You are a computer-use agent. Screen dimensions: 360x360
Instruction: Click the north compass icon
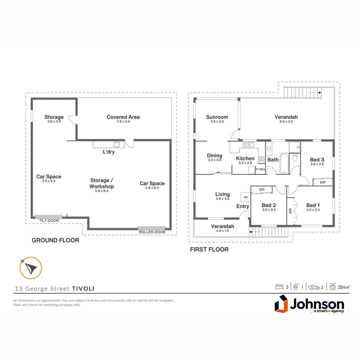tap(31, 268)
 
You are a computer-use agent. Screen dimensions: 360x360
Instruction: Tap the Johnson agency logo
tap(309, 305)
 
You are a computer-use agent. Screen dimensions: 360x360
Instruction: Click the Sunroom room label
tap(217, 117)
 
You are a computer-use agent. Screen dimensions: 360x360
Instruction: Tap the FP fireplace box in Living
tap(246, 197)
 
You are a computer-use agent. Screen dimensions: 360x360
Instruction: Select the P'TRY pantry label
tap(260, 170)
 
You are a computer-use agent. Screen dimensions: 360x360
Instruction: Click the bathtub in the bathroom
tap(284, 163)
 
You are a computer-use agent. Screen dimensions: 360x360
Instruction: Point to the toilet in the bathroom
tap(295, 158)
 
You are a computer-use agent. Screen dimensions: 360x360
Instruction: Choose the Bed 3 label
tap(317, 160)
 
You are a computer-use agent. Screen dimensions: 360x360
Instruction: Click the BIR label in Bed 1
tap(290, 211)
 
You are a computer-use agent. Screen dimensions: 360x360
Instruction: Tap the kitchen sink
tap(248, 145)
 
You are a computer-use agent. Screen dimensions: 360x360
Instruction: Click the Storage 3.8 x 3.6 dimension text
tap(54, 122)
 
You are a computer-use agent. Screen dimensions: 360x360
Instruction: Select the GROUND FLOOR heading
tap(55, 240)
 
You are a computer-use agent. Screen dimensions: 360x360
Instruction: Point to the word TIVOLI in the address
tap(85, 289)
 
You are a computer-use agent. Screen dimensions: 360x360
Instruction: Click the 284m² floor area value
tap(343, 287)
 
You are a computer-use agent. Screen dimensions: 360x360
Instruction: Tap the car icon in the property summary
tap(314, 287)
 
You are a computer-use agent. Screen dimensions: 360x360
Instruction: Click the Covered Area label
tap(123, 117)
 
